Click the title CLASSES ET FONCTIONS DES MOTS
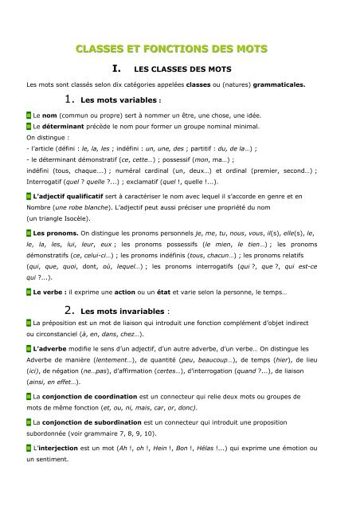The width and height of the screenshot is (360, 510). pyautogui.click(x=181, y=50)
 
